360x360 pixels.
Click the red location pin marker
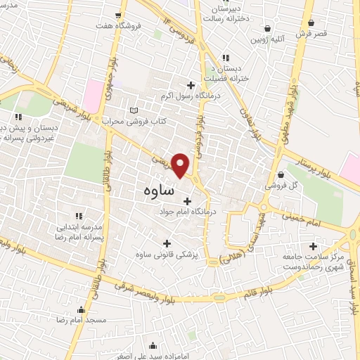coord(181,165)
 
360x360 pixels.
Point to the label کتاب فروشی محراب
coord(135,122)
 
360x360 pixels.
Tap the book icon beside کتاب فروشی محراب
coord(135,110)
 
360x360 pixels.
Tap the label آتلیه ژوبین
coord(268,40)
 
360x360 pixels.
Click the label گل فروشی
coord(280,186)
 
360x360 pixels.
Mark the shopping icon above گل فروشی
coord(281,174)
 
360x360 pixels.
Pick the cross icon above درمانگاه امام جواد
coord(186,201)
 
